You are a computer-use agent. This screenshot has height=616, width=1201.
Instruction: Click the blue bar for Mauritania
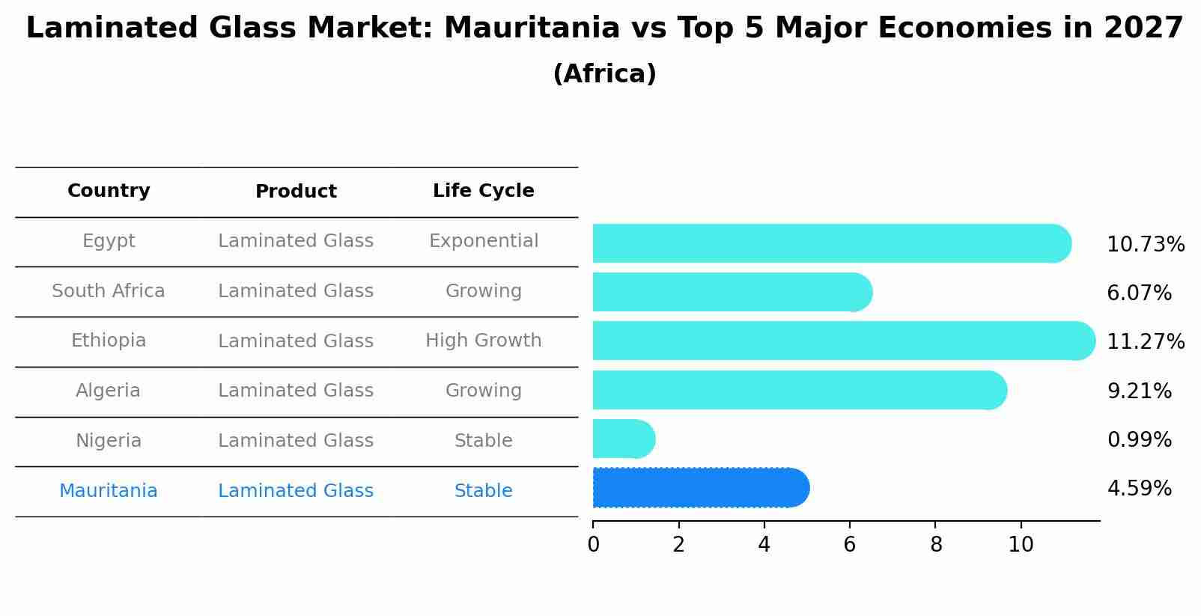pos(700,488)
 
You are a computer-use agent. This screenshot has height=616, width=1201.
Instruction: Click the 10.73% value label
pos(1145,245)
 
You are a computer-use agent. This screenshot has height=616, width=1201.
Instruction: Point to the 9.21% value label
pos(1139,391)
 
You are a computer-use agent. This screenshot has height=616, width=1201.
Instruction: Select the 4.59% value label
pos(1139,489)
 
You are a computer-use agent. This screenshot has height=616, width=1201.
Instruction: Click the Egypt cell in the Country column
pos(109,241)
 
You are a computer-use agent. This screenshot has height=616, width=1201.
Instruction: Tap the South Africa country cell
pos(109,291)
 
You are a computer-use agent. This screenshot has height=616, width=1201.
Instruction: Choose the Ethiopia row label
pos(109,341)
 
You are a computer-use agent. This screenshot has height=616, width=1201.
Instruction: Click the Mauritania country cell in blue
pos(109,491)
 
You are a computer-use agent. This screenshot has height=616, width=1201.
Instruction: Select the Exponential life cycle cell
pos(484,241)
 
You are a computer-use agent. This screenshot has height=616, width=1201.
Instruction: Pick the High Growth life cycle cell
pos(484,341)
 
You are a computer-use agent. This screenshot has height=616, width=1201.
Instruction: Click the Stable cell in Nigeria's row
pos(484,441)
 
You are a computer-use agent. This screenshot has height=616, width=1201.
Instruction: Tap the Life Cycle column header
pos(484,191)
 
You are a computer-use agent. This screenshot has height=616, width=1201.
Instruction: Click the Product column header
pos(296,192)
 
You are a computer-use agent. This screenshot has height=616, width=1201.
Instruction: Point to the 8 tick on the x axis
pos(936,545)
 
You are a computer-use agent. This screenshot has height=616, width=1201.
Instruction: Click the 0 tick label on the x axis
pos(594,545)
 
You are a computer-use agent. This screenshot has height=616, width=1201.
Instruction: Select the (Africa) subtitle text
pos(604,74)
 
